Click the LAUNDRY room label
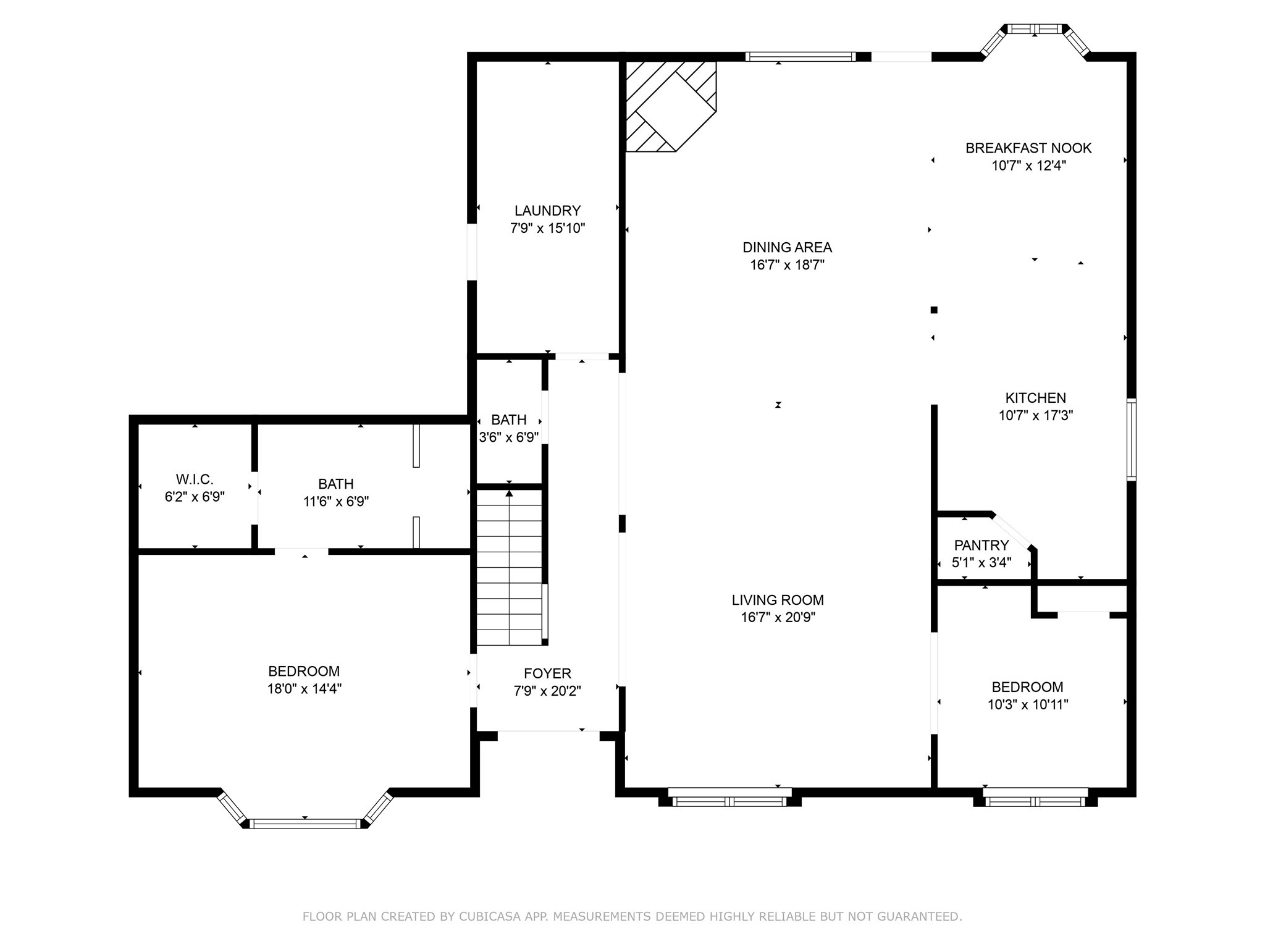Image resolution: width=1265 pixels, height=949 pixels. [547, 211]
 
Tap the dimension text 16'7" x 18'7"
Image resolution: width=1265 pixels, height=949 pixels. [787, 265]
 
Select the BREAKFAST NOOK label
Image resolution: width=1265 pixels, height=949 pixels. [1028, 148]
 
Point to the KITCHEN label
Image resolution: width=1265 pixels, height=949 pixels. [1035, 398]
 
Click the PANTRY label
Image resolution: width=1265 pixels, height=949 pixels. [981, 546]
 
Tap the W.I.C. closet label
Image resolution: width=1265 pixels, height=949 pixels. [195, 479]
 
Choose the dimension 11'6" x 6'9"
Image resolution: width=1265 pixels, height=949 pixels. [336, 502]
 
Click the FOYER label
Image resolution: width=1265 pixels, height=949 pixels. [547, 673]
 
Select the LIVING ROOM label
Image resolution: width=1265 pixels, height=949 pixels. [778, 600]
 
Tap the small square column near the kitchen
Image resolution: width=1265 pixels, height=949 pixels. [934, 310]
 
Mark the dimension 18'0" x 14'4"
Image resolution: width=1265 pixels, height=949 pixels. [304, 689]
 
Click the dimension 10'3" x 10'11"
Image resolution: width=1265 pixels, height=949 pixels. [1028, 704]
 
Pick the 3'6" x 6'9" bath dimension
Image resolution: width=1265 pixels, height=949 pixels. [509, 437]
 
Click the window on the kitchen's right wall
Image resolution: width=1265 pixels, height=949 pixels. [1131, 439]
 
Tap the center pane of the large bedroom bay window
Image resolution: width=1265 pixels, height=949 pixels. [305, 823]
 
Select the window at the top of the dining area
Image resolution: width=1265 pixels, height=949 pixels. [800, 57]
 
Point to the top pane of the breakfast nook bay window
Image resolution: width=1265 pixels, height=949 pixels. [1035, 28]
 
